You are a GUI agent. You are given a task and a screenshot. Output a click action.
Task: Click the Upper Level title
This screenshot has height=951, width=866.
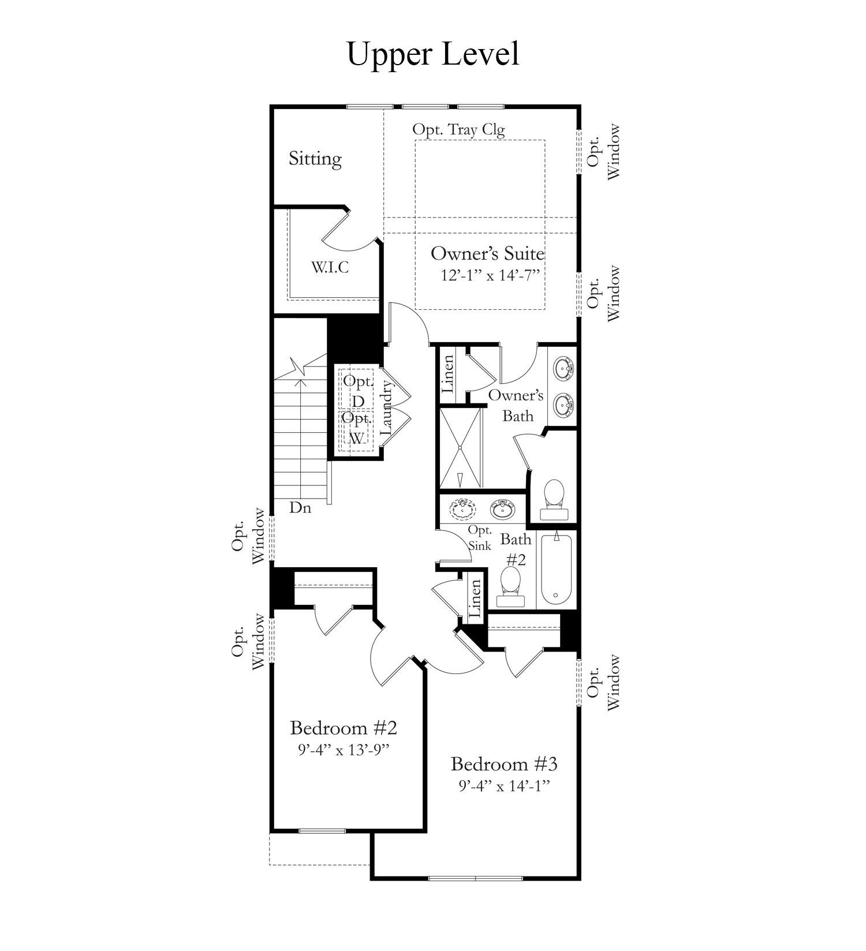pos(432,54)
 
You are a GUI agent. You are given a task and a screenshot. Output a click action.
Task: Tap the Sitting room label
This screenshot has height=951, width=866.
pos(315,159)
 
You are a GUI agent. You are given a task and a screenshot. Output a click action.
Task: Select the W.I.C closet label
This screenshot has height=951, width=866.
pos(330,267)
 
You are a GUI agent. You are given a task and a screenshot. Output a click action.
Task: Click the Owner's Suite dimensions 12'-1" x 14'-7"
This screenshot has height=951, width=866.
pos(490,275)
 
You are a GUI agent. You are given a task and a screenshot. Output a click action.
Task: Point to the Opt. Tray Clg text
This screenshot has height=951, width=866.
pos(458,129)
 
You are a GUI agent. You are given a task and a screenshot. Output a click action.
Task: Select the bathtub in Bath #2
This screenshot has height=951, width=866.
pos(556,568)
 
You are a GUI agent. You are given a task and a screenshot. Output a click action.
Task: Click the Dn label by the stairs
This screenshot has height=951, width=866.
pos(300,508)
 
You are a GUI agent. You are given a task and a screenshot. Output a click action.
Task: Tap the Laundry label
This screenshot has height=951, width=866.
pos(387,410)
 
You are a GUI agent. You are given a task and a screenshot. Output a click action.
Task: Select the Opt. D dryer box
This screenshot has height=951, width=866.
pos(357,391)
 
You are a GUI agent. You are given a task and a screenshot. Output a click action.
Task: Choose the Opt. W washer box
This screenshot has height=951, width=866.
pos(356,428)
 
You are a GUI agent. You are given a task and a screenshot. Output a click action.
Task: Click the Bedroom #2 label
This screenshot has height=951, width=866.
pos(344,728)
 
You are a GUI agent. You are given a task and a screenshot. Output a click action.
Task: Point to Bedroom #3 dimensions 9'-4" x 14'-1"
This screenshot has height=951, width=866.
pos(504,786)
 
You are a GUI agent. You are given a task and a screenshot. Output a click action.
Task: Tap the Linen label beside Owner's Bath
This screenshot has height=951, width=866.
pos(449,374)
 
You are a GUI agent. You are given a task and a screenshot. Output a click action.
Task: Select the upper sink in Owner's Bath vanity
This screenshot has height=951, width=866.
pos(563,367)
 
